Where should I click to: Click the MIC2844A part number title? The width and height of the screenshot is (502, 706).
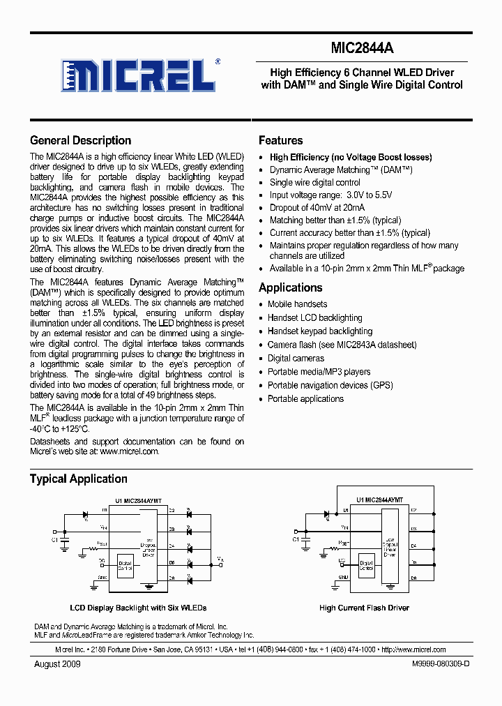point(362,48)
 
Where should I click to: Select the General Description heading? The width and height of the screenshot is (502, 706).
point(80,140)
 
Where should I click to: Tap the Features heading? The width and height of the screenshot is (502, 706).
point(280,140)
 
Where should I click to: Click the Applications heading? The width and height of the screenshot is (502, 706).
point(290,287)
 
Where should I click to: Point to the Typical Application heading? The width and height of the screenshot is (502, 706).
point(78,479)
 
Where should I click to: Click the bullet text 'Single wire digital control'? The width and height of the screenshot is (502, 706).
point(314,182)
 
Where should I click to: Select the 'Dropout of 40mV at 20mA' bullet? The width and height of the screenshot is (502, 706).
point(317,207)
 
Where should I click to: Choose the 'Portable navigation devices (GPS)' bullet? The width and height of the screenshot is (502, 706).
point(330,385)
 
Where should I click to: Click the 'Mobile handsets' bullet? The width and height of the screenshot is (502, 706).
point(297,304)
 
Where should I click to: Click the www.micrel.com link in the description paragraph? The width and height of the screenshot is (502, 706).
point(129,451)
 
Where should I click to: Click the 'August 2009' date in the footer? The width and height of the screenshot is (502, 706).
point(57,664)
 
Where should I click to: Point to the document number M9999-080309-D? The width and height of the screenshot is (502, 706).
point(431,664)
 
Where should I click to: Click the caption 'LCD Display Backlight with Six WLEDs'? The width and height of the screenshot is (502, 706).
point(138,608)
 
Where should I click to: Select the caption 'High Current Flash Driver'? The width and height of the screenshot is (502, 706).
point(364,608)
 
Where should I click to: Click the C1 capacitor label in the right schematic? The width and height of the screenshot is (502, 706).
point(296,539)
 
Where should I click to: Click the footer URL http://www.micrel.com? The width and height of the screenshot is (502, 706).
point(413,649)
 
